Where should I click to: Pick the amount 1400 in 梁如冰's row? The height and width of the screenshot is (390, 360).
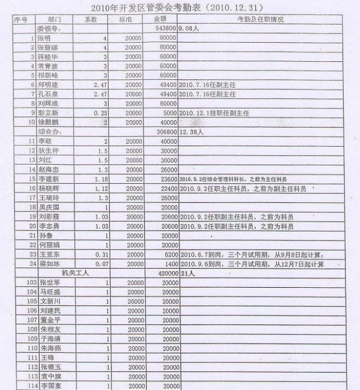[x=168, y=263]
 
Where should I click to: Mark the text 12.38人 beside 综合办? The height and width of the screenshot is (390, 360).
[x=190, y=131]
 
